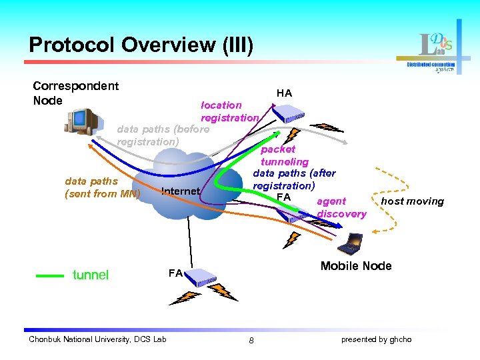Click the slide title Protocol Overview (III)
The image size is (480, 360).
[141, 45]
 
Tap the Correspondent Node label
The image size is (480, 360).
[75, 93]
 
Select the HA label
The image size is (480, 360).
[284, 93]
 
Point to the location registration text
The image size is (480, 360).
[229, 111]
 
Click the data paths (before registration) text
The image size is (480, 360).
[163, 135]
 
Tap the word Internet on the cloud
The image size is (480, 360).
[180, 191]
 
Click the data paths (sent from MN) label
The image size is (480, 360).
[102, 187]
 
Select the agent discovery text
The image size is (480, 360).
[341, 207]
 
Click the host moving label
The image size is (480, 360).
[412, 201]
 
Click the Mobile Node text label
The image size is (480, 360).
[356, 266]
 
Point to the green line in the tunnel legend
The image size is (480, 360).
[49, 275]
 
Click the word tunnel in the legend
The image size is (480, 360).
[90, 275]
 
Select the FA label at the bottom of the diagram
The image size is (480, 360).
[175, 273]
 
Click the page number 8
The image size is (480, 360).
[251, 341]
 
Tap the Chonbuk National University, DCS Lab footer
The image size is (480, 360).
[97, 339]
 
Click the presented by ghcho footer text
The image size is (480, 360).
[376, 339]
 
